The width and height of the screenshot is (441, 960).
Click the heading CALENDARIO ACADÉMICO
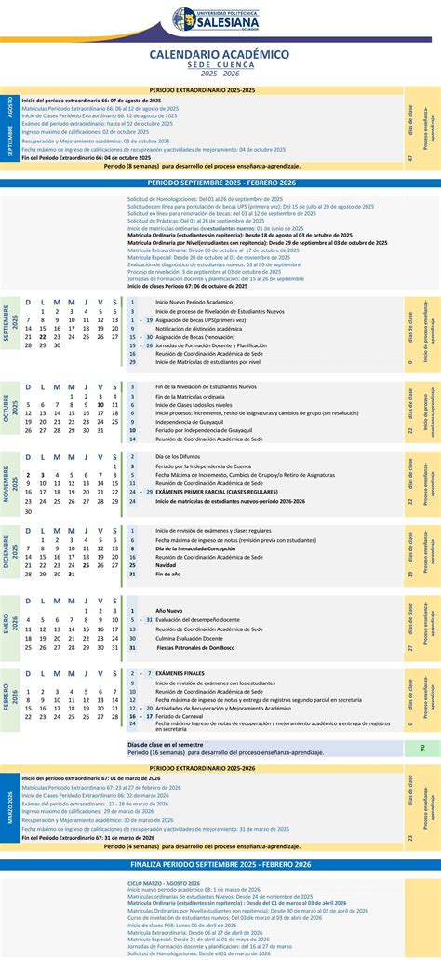coord(220,55)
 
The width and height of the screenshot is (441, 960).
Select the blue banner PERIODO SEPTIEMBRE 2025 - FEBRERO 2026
coord(220,183)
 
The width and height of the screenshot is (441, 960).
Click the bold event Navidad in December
coord(165,565)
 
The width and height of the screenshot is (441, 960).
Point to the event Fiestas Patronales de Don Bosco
coord(199,647)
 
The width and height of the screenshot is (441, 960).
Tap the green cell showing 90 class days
coord(422,748)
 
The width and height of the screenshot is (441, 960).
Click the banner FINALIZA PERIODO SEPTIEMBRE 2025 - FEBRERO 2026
coord(220,865)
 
